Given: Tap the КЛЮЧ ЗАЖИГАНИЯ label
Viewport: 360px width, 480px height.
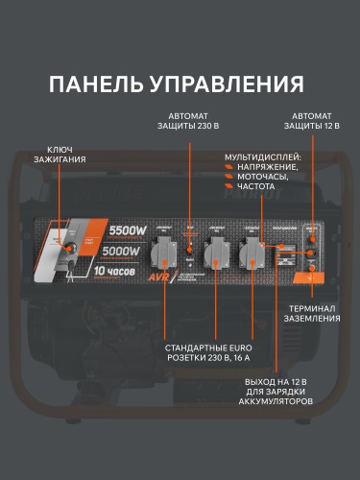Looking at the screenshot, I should tap(60, 154).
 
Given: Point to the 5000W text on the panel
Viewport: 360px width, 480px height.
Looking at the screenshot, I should tap(125, 252).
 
